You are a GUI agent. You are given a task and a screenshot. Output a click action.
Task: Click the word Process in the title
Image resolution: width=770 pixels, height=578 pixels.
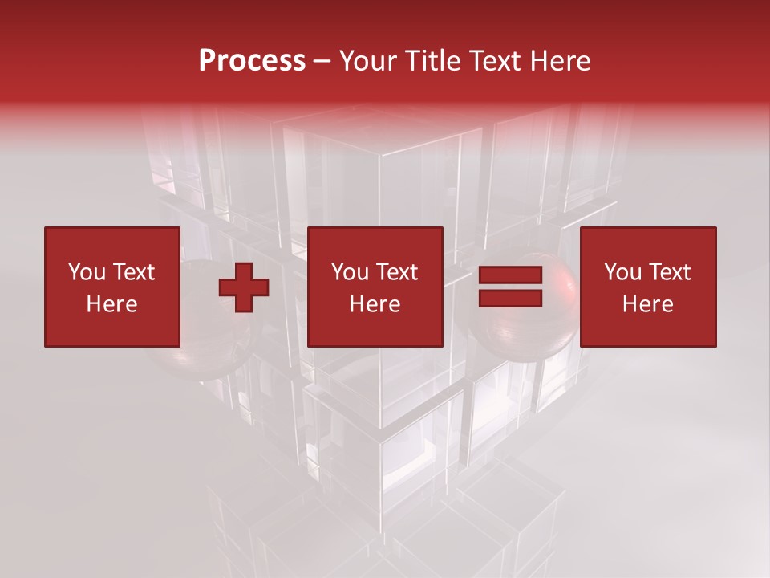point(252,61)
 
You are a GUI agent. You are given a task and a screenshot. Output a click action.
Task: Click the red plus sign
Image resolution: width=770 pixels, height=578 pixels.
point(244,287)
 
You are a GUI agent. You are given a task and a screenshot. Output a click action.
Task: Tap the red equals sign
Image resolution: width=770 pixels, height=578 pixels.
point(511,287)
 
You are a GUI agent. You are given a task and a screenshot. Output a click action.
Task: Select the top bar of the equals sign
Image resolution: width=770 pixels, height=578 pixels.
point(511,276)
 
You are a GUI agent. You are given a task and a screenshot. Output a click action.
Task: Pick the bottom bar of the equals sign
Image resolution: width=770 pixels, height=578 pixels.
point(511,298)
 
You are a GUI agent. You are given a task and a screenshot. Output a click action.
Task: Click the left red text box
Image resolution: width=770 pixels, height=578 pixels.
point(111,287)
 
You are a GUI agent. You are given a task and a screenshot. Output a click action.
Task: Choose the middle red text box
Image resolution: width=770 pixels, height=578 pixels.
point(375,287)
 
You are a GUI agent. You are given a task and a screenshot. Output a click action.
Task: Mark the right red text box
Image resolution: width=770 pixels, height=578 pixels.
point(647,287)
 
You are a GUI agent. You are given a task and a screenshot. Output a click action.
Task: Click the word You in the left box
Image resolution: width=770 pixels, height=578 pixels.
point(86,272)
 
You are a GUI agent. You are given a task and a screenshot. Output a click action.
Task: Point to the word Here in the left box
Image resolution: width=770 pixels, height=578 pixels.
point(111,304)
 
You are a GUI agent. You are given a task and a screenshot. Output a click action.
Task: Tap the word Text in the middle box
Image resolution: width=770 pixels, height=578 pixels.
point(396,272)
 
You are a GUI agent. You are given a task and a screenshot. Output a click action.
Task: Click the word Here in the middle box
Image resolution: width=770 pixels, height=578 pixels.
point(375,304)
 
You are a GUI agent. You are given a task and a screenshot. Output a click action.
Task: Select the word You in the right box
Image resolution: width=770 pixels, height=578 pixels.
point(622,272)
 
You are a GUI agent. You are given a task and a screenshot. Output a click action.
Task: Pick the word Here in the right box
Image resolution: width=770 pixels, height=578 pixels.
point(647,304)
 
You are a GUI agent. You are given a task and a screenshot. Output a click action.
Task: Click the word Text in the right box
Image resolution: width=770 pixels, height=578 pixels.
point(669,272)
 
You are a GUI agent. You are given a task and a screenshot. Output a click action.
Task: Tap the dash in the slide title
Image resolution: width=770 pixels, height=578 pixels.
point(322,62)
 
